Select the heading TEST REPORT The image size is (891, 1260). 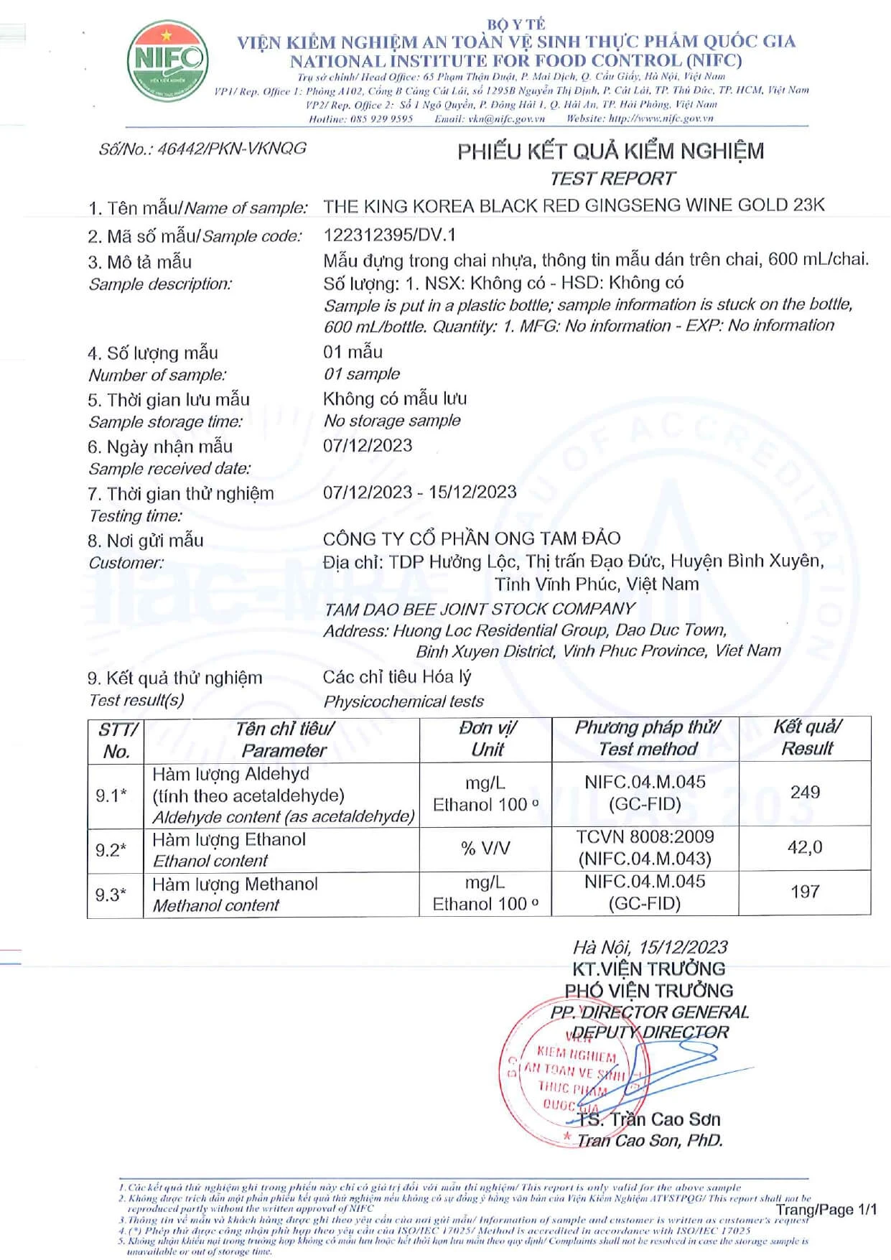tap(612, 179)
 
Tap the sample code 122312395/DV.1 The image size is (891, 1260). tap(389, 235)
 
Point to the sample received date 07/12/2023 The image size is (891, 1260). tap(368, 445)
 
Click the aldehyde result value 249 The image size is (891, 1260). tap(805, 792)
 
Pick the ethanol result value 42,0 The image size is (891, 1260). tap(805, 847)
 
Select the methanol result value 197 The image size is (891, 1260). tap(805, 892)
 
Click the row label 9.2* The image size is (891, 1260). tap(111, 850)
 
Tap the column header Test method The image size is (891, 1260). tap(648, 749)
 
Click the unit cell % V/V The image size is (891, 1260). tap(485, 848)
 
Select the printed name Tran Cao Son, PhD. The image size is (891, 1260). tap(650, 1140)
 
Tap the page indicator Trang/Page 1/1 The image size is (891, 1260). tap(826, 1210)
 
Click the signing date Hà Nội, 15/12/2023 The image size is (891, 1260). tap(650, 947)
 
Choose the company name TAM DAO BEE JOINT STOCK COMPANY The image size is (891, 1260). tap(480, 609)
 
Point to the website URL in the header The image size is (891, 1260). tap(661, 118)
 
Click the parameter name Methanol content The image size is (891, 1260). tap(216, 905)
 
